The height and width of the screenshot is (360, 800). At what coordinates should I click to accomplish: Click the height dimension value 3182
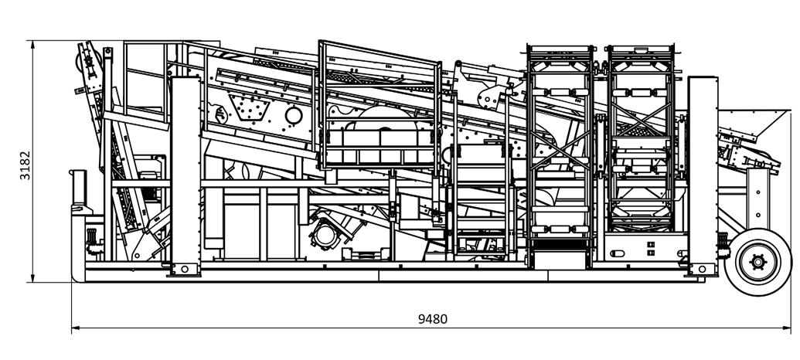[26, 163]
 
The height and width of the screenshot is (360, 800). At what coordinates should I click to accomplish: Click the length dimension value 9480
[431, 318]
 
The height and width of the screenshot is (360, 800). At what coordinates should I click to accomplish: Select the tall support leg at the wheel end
[703, 170]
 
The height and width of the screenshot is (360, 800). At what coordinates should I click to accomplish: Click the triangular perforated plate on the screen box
[251, 110]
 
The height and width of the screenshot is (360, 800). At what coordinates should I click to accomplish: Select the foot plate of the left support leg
[185, 269]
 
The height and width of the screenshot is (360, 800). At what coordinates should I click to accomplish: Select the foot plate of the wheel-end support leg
[702, 269]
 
